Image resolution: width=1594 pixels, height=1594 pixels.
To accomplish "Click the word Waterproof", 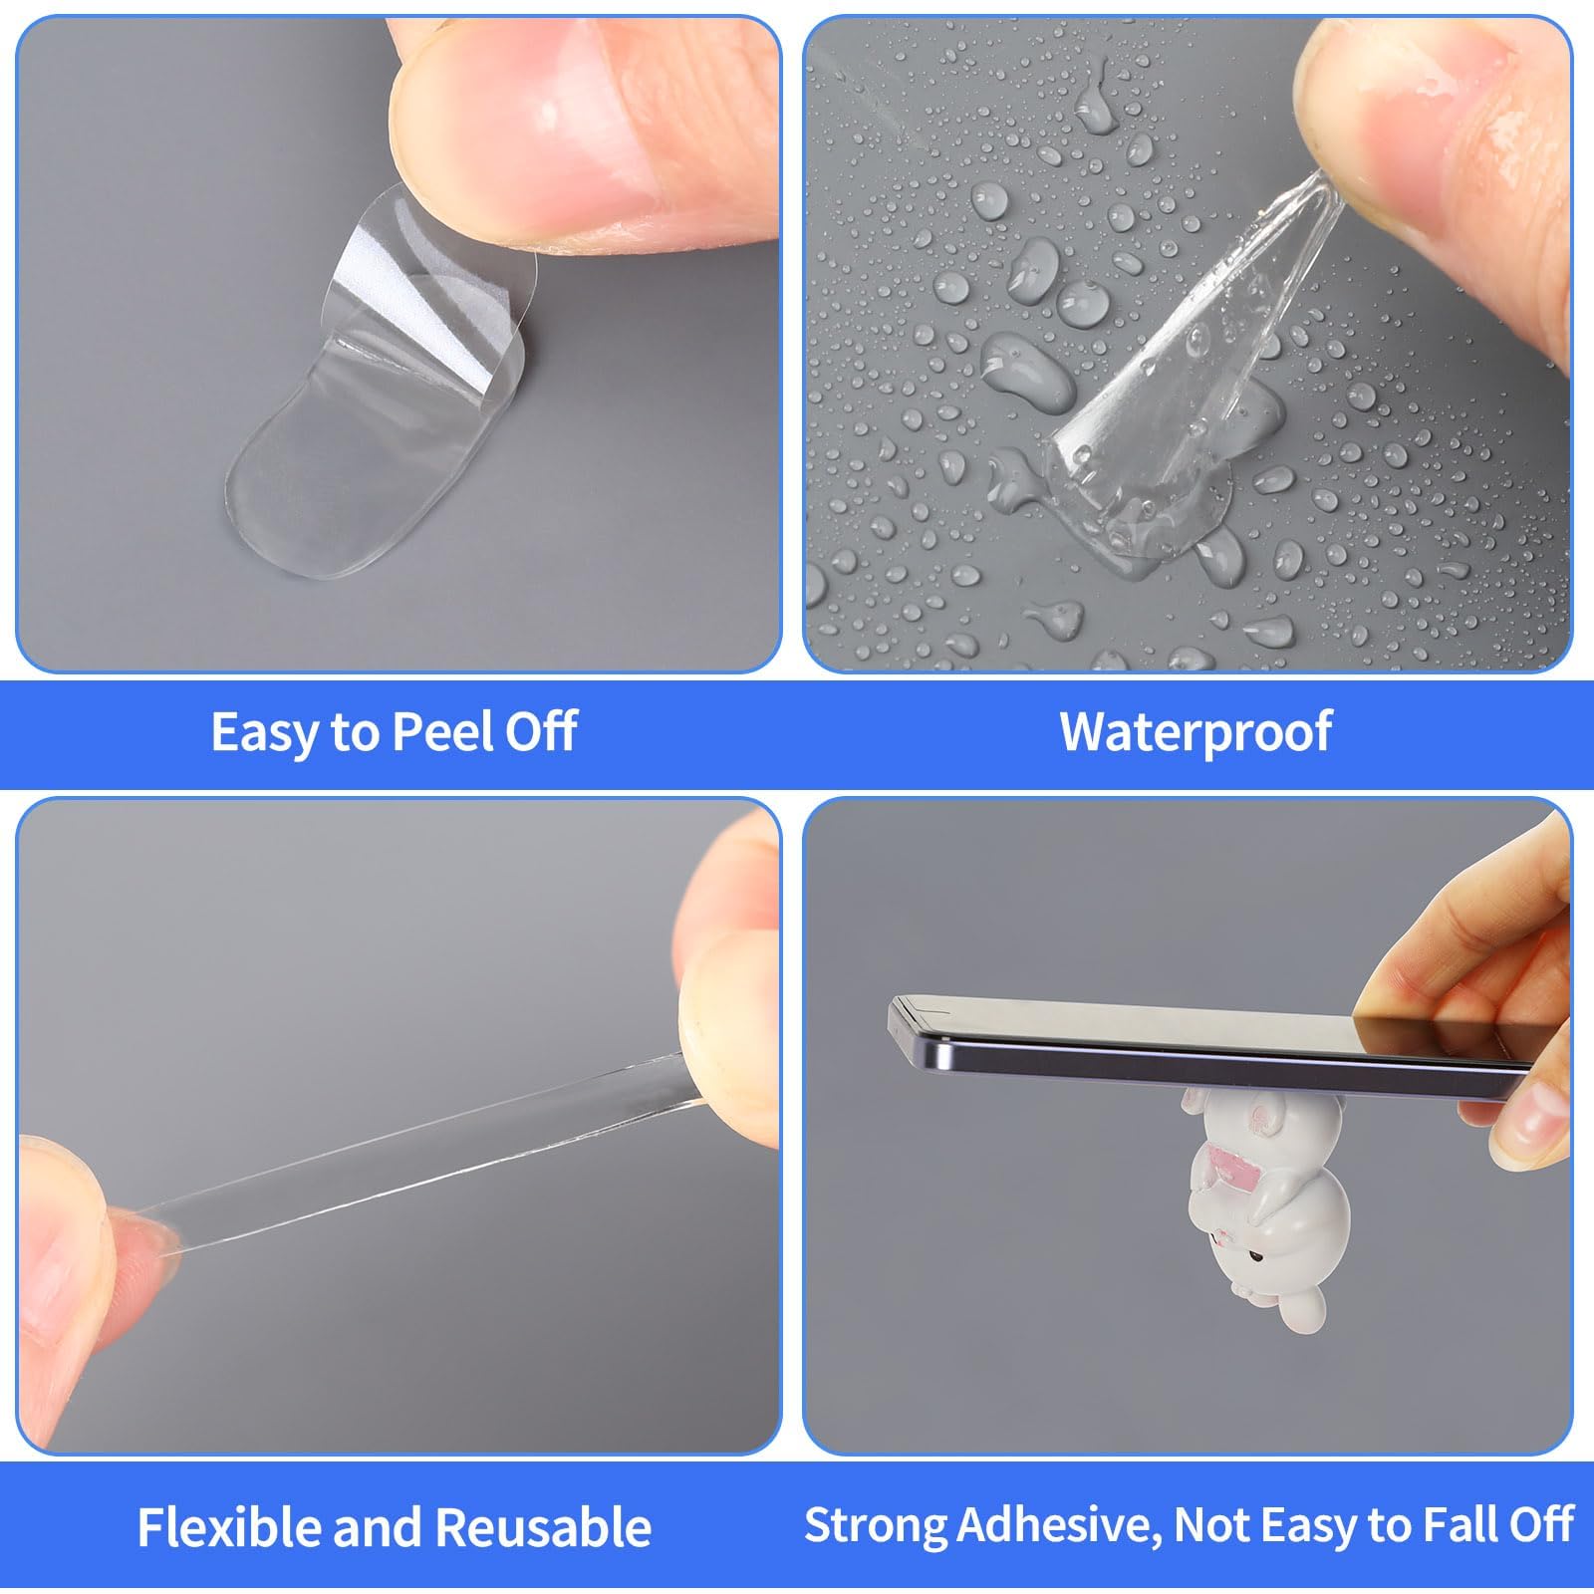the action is coord(1195,732).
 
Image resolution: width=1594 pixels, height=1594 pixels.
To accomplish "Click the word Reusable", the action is coord(543,1527).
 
